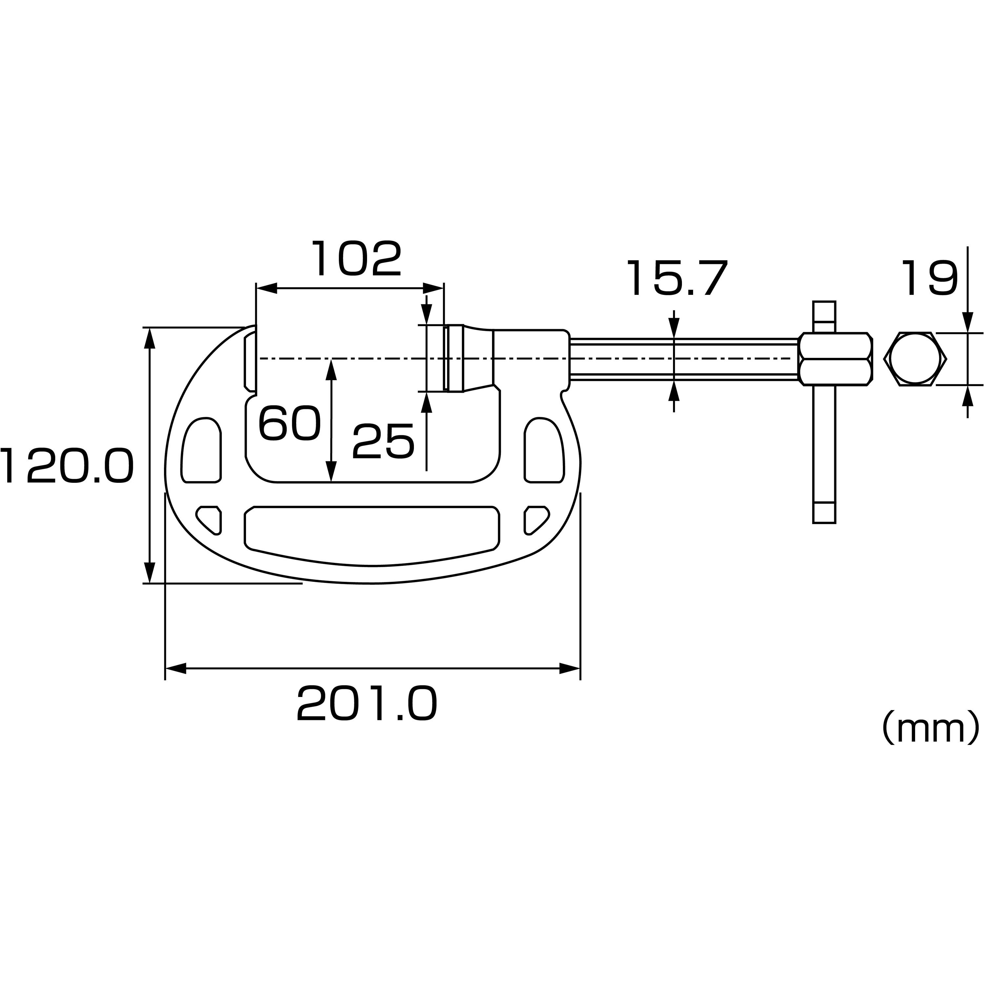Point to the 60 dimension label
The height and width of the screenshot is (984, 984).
(x=289, y=423)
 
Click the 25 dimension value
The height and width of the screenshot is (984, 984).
(x=383, y=441)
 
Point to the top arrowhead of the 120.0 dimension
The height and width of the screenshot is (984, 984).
(x=149, y=338)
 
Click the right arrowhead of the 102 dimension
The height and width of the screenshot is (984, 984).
(x=433, y=288)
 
